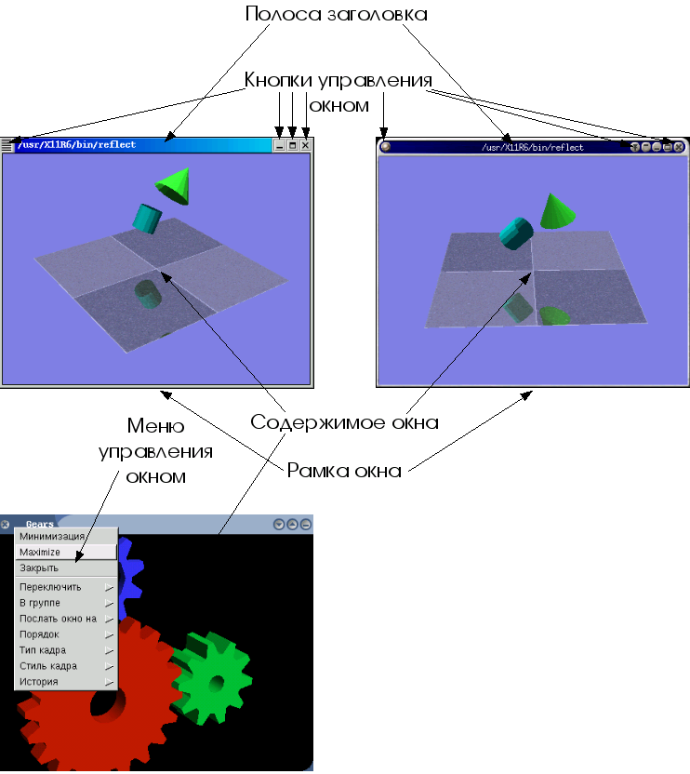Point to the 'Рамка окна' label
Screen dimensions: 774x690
[x=343, y=471]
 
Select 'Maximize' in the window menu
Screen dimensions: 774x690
[x=40, y=553]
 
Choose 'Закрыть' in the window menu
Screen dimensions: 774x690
[x=39, y=567]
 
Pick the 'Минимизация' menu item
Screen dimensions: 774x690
[x=52, y=537]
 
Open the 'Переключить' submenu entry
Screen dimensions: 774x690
[x=51, y=587]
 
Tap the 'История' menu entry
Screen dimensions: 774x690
[x=39, y=682]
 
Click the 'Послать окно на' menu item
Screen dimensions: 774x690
[x=59, y=619]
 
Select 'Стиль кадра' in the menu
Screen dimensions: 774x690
[x=48, y=666]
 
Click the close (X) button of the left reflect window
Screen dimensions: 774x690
[x=305, y=146]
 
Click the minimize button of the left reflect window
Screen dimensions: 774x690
[x=279, y=146]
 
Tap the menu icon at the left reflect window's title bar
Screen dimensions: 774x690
[x=7, y=145]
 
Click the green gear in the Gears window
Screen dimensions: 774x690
[x=215, y=680]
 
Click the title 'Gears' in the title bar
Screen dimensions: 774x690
[x=40, y=525]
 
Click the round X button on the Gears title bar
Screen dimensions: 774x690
[x=6, y=525]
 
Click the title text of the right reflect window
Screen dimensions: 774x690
[x=533, y=147]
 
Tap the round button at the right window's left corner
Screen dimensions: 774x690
[x=385, y=146]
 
